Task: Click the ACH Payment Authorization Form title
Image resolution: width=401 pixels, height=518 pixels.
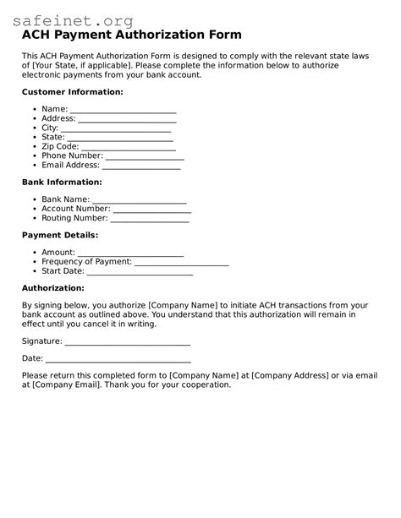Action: click(131, 35)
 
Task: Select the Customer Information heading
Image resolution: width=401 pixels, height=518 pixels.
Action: click(72, 91)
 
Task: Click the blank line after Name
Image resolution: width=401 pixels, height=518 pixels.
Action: click(123, 109)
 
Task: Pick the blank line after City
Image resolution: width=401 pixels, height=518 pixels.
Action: click(116, 128)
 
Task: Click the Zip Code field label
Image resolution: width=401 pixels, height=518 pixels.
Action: click(60, 146)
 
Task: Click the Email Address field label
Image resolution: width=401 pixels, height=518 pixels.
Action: click(70, 165)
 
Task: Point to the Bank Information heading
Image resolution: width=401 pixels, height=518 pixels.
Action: click(62, 182)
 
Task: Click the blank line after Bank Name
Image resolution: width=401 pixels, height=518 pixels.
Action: click(140, 199)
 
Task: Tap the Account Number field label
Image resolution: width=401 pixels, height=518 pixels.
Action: click(75, 209)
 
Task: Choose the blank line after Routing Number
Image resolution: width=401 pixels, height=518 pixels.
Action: click(150, 218)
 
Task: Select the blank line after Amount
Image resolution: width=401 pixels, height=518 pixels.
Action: click(131, 253)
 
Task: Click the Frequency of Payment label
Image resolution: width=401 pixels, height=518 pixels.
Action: click(86, 262)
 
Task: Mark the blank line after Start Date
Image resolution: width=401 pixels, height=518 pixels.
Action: click(140, 271)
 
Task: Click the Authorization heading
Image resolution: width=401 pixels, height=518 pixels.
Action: click(52, 287)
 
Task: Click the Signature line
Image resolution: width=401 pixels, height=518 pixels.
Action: click(127, 341)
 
